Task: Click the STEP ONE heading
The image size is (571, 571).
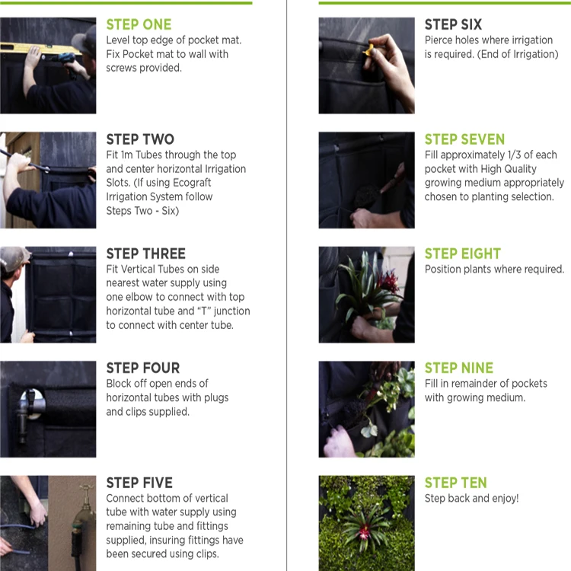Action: click(139, 24)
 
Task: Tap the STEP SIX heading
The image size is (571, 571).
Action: click(453, 24)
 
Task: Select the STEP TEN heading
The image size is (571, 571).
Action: click(455, 483)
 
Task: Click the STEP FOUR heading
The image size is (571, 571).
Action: click(143, 368)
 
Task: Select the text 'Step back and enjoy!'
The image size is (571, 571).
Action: click(471, 498)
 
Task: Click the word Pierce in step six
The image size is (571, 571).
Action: click(439, 40)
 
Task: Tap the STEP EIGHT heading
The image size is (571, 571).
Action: click(462, 254)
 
